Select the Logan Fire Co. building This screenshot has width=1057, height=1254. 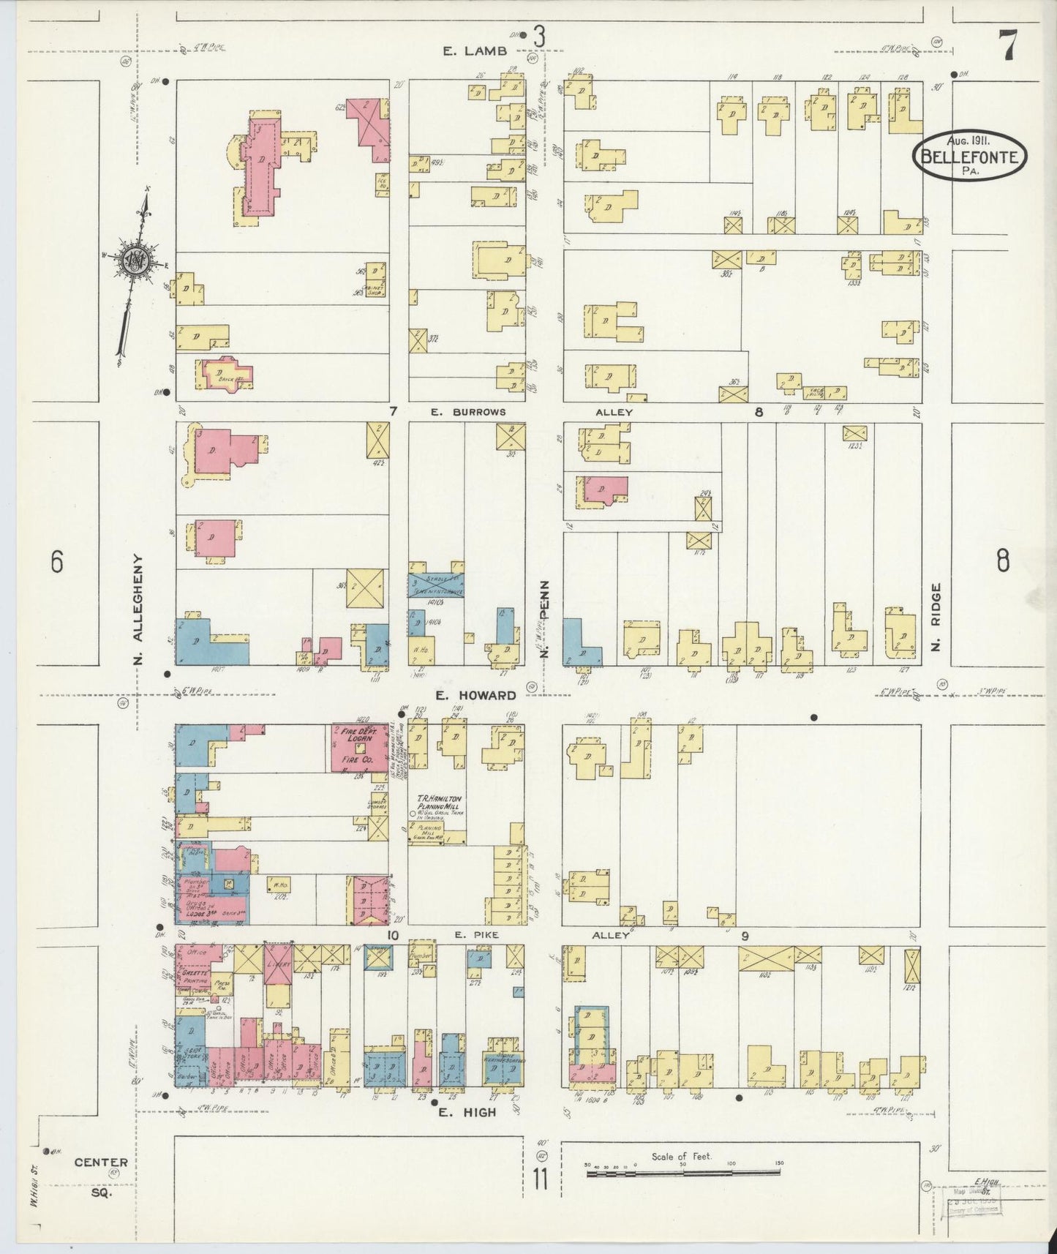360,748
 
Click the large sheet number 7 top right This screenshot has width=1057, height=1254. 1007,48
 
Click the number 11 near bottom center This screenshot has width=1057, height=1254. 540,1180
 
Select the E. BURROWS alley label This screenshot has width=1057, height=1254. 468,412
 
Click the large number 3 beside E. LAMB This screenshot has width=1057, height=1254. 539,37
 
